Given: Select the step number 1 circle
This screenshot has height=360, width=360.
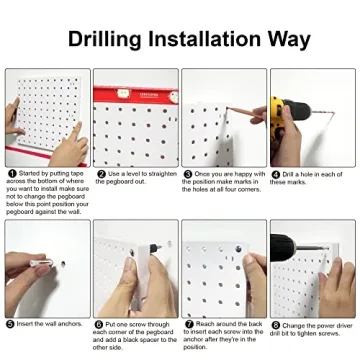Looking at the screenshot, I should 10,174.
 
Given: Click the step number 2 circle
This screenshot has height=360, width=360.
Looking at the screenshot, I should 99,174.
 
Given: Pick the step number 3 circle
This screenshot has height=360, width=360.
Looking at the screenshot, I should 187,174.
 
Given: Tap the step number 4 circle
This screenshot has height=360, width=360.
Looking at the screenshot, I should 275,174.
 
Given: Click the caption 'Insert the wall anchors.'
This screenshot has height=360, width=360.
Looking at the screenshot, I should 50,325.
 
